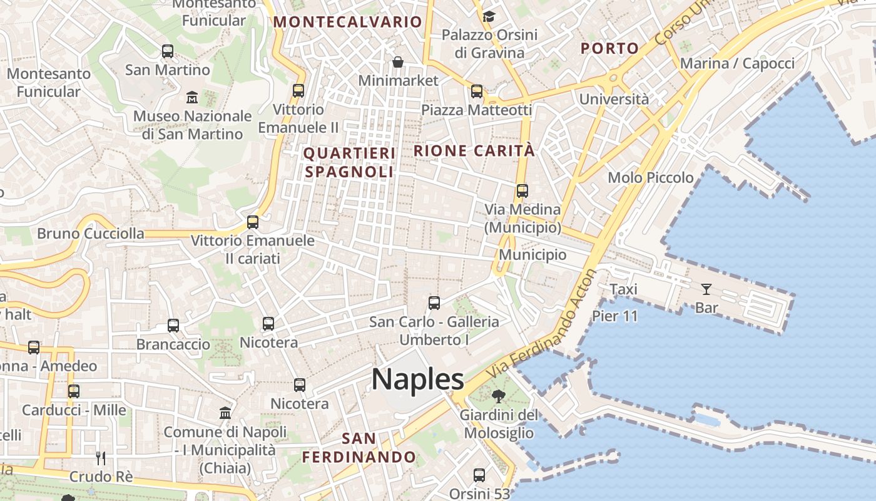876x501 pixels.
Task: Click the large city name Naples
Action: (417, 379)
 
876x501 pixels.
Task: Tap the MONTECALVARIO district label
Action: (348, 22)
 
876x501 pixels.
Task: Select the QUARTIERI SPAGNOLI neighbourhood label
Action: (349, 162)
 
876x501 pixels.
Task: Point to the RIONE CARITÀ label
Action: (474, 151)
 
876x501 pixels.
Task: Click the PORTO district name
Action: (609, 48)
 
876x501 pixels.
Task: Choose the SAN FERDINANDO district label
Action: (359, 448)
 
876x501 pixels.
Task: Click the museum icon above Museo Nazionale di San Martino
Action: (192, 98)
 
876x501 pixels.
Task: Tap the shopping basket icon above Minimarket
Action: (397, 62)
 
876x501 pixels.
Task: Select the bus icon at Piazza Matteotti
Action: (477, 91)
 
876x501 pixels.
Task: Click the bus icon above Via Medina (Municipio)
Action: (522, 190)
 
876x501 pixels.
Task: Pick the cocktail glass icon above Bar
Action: (706, 289)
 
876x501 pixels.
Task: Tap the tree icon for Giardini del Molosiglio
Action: (499, 396)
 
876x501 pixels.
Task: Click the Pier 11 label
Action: (614, 316)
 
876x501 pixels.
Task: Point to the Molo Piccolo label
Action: (651, 178)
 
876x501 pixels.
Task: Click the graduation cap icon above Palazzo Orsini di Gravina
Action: (489, 16)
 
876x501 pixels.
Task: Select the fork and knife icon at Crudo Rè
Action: (101, 458)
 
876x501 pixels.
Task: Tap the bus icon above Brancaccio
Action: (173, 326)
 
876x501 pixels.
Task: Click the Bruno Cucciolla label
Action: (91, 234)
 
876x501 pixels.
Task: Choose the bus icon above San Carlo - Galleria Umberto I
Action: (434, 303)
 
